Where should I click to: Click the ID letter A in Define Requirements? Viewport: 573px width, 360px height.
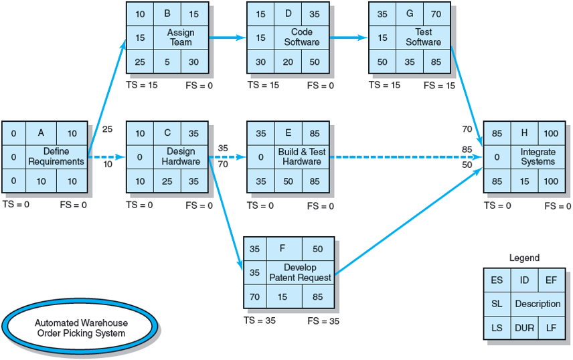pyautogui.click(x=42, y=133)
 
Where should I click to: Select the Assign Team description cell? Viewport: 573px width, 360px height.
pyautogui.click(x=181, y=37)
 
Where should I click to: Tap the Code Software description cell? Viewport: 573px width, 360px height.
pyautogui.click(x=302, y=37)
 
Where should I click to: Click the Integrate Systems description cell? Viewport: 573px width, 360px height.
pyautogui.click(x=538, y=157)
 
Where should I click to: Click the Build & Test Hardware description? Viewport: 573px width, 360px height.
pyautogui.click(x=302, y=157)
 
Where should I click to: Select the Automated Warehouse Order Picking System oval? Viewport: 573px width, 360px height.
pyautogui.click(x=81, y=327)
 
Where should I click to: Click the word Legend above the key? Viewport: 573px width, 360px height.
pyautogui.click(x=524, y=258)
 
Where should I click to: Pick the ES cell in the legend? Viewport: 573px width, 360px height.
pyautogui.click(x=497, y=280)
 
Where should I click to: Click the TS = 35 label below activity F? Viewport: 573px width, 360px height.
pyautogui.click(x=260, y=321)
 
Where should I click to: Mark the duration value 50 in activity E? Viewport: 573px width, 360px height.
pyautogui.click(x=288, y=181)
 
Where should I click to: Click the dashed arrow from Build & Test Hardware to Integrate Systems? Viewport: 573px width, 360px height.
pyautogui.click(x=402, y=157)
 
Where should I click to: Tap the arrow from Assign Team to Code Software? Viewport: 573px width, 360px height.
pyautogui.click(x=227, y=37)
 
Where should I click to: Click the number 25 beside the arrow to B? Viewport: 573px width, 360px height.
pyautogui.click(x=108, y=128)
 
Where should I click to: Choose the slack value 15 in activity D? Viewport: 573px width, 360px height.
pyautogui.click(x=261, y=37)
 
